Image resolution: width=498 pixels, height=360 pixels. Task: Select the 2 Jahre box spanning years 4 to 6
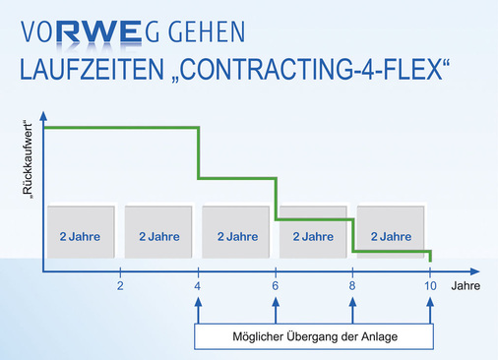pyautogui.click(x=236, y=236)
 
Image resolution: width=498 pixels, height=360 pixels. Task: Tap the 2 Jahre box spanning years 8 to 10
pyautogui.click(x=392, y=236)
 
